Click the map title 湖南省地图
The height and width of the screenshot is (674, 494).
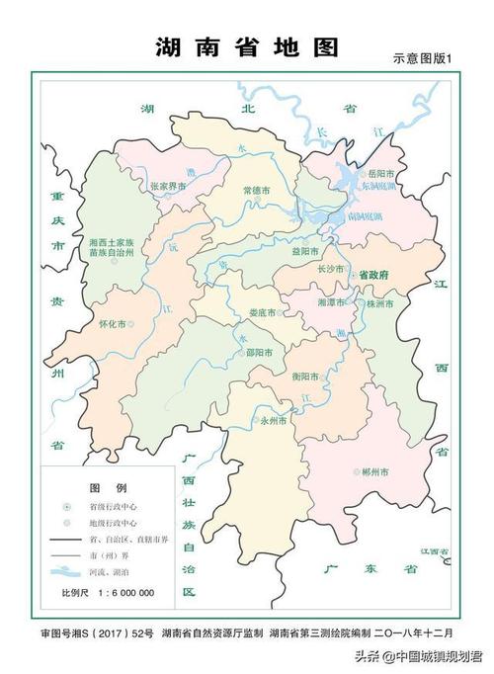click(247, 46)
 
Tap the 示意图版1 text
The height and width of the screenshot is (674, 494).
click(422, 59)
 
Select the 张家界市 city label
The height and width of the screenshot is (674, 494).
click(168, 185)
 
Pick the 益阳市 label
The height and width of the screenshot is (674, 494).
click(304, 251)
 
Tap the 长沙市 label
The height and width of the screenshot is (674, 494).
click(330, 269)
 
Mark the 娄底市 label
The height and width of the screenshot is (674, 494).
click(264, 313)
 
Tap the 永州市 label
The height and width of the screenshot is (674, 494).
click(274, 420)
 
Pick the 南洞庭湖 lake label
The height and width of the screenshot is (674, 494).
click(368, 214)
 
